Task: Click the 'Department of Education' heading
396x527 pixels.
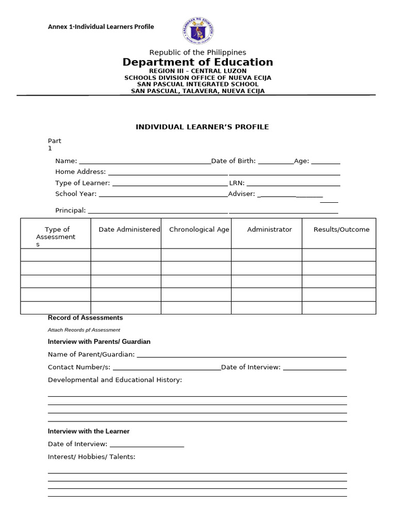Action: [x=197, y=62]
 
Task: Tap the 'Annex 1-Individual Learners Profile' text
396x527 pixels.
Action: [x=101, y=27]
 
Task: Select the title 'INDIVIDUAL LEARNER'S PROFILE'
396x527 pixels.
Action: [x=202, y=127]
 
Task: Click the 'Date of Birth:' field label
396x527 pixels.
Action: [x=234, y=161]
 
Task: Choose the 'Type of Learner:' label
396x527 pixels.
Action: [x=82, y=183]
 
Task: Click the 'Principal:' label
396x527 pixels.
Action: [x=71, y=210]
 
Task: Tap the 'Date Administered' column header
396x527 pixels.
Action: [x=129, y=230]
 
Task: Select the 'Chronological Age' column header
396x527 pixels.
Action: [x=199, y=230]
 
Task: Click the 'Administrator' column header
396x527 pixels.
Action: [x=269, y=230]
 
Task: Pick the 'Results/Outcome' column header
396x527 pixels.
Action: [x=341, y=230]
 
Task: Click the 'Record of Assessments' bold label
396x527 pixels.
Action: [x=85, y=318]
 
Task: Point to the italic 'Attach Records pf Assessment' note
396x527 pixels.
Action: [x=84, y=330]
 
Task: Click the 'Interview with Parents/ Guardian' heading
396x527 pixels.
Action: [x=99, y=342]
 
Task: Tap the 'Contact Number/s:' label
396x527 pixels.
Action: [x=79, y=367]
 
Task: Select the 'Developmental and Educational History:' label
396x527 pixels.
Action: [x=115, y=380]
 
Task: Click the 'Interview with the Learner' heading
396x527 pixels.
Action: [x=89, y=431]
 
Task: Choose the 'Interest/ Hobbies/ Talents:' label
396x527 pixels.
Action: [x=92, y=456]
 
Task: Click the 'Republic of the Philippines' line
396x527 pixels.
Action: [x=197, y=52]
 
